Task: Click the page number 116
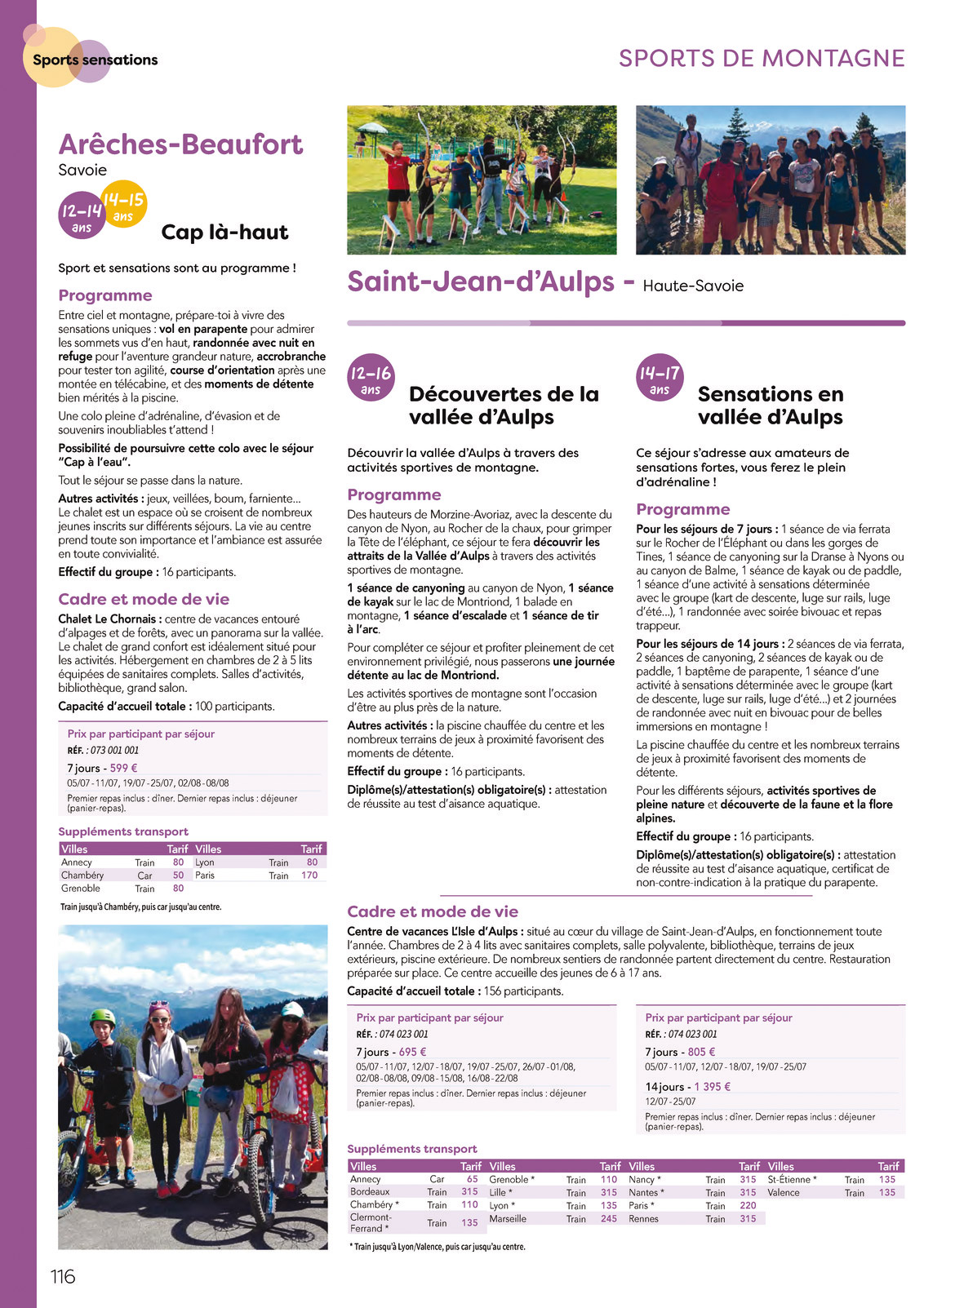point(63,1276)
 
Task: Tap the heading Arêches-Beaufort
point(180,144)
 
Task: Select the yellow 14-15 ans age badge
point(124,204)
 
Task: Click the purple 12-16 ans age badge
point(371,378)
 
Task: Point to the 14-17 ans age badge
point(660,378)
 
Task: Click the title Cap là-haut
point(224,233)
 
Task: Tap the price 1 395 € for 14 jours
point(712,1087)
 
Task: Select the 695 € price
point(412,1053)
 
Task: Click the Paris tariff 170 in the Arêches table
point(309,876)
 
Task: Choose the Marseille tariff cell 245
point(609,1219)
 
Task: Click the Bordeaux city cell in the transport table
point(370,1192)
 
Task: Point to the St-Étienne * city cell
point(792,1180)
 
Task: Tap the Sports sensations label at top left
point(95,60)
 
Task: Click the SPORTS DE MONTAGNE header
point(762,59)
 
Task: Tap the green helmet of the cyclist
point(103,1017)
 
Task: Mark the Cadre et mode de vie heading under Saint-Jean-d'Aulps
point(433,912)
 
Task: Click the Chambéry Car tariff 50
point(178,876)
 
